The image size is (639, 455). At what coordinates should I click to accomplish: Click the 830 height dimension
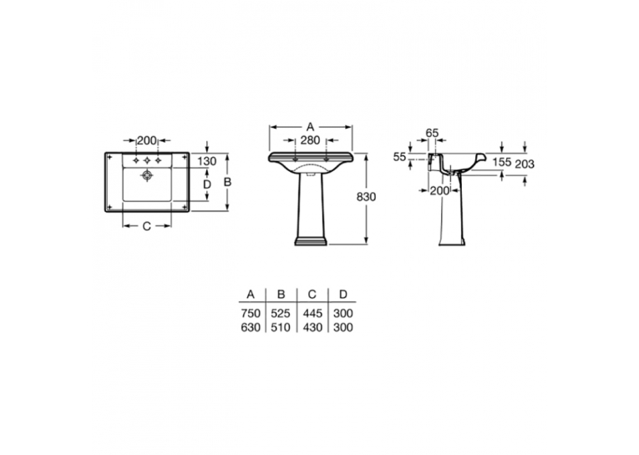click(366, 197)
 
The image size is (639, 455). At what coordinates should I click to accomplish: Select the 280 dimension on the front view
click(310, 140)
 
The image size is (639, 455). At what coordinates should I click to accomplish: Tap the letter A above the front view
click(310, 127)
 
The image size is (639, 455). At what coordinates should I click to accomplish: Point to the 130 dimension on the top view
click(206, 161)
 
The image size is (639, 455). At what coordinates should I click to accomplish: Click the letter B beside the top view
click(227, 182)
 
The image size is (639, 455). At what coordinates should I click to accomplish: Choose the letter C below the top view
click(147, 226)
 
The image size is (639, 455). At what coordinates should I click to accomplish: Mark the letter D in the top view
click(207, 185)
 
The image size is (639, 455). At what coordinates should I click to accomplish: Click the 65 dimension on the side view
click(432, 133)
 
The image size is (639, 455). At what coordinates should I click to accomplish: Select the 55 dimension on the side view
click(400, 157)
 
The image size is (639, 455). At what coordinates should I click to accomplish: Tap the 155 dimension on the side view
click(501, 162)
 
